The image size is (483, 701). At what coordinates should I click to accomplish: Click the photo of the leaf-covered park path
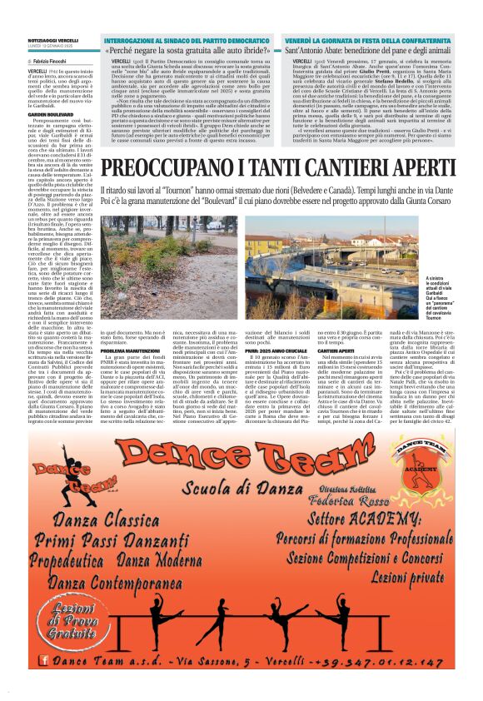pyautogui.click(x=168, y=265)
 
